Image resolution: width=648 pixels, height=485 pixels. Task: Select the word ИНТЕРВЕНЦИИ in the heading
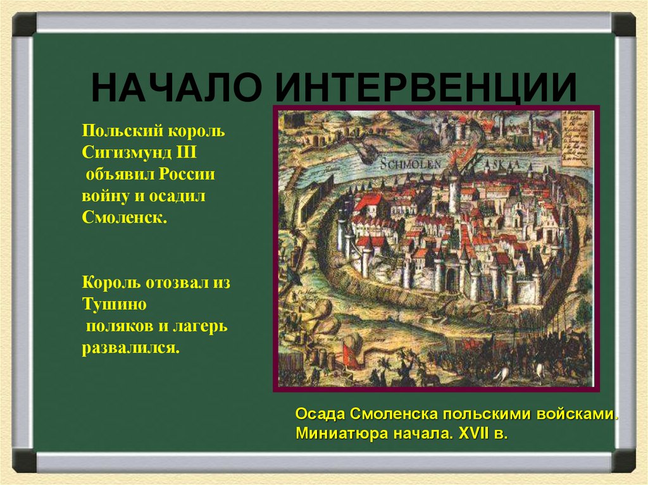(425, 87)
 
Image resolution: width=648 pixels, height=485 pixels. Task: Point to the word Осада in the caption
(319, 415)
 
